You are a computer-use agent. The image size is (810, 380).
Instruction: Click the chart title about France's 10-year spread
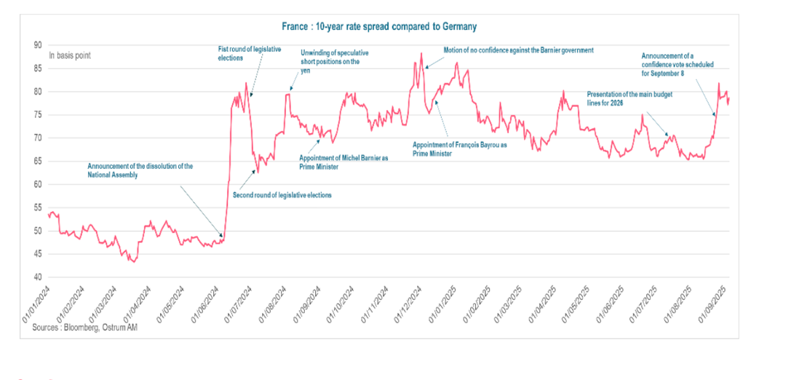coord(379,27)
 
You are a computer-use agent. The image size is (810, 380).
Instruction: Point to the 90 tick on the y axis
coord(38,45)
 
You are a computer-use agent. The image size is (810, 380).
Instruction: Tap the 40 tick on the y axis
coord(38,277)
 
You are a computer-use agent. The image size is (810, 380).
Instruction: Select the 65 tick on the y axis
coord(38,162)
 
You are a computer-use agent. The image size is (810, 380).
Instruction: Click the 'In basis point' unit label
coord(70,55)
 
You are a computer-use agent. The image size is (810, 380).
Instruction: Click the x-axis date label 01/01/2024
coord(35,304)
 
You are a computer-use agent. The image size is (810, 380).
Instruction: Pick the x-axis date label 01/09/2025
coord(715,304)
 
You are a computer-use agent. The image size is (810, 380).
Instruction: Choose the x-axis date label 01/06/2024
coord(206,304)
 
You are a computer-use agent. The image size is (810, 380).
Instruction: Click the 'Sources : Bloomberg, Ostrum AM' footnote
coord(84,328)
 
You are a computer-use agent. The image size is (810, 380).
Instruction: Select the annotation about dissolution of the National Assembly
coord(140,170)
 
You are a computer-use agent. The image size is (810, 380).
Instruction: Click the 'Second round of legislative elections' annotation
coord(282,195)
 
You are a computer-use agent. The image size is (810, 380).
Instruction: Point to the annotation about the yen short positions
coord(334,58)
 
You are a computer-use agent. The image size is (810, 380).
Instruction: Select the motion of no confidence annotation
coord(519,50)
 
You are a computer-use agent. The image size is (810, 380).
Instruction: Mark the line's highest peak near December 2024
coord(421,53)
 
